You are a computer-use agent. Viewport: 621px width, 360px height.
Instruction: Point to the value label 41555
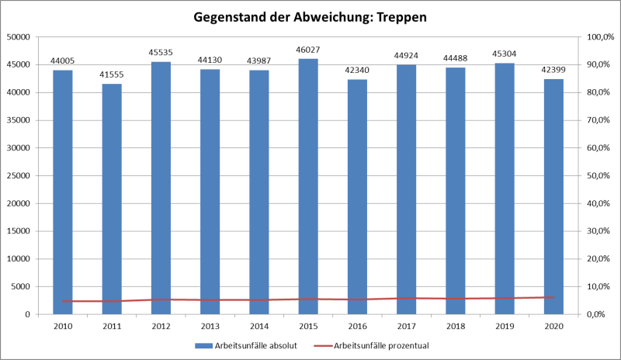(x=111, y=74)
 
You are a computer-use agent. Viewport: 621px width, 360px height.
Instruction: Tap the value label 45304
(x=503, y=54)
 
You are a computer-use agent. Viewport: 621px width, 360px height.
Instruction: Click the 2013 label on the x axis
(x=209, y=327)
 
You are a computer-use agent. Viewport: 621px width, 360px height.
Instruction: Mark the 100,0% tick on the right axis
(x=601, y=36)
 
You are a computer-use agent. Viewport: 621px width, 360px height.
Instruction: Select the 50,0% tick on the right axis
(x=601, y=175)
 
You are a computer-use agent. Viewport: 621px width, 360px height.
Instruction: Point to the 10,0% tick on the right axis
(x=601, y=286)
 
